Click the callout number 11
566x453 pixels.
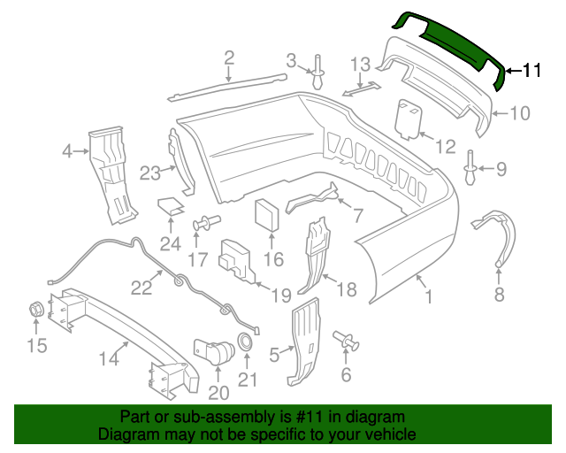(x=531, y=72)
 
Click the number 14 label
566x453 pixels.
(x=108, y=358)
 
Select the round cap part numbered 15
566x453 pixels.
(x=36, y=311)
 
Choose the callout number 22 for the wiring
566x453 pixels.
(x=142, y=287)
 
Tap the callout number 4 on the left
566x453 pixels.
(x=68, y=151)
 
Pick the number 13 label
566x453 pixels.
(x=361, y=65)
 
